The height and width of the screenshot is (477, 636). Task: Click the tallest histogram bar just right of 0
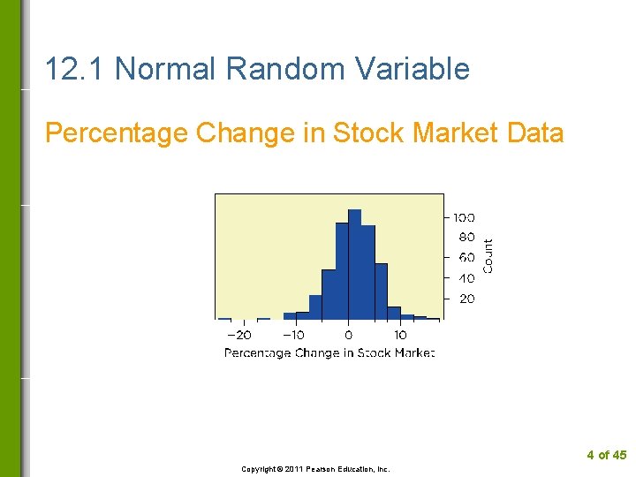point(354,265)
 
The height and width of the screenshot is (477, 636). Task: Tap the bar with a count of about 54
point(381,291)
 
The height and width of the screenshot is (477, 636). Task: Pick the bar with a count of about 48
point(328,294)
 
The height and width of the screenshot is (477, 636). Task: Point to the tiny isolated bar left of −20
point(224,318)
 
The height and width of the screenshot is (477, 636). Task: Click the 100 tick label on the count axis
point(464,217)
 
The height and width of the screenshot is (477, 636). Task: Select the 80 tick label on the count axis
point(466,238)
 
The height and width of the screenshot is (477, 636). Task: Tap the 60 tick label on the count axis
point(466,258)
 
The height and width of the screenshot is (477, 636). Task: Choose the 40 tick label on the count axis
point(466,278)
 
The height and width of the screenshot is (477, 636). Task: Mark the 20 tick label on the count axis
point(466,299)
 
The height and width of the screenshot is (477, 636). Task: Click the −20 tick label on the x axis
point(238,336)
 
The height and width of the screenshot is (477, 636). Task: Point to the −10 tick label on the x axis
point(293,336)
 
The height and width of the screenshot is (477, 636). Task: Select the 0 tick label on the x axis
point(348,336)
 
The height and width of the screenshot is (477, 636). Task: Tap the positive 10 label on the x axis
point(400,336)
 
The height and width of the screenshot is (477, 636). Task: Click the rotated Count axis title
point(488,256)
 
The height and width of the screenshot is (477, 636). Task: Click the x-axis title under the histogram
point(329,353)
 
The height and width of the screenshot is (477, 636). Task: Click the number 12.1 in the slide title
point(75,69)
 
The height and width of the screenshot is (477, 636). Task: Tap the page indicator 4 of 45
point(606,455)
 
